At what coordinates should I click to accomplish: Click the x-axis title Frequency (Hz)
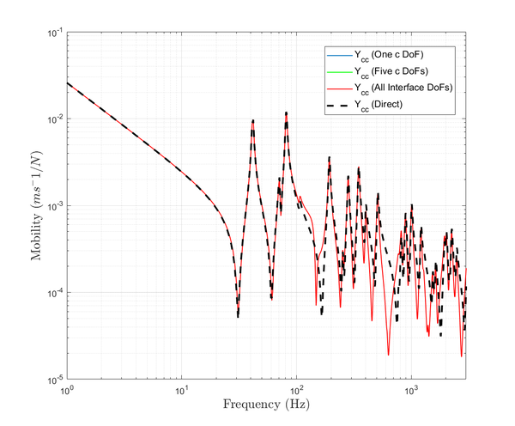(266, 404)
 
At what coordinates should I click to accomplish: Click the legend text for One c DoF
(392, 55)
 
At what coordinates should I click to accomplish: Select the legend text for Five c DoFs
(393, 71)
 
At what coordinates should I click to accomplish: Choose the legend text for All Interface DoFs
(403, 88)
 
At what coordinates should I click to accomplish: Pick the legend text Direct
(382, 104)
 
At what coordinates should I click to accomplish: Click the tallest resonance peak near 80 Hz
(287, 113)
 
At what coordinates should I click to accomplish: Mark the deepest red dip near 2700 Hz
(461, 356)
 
